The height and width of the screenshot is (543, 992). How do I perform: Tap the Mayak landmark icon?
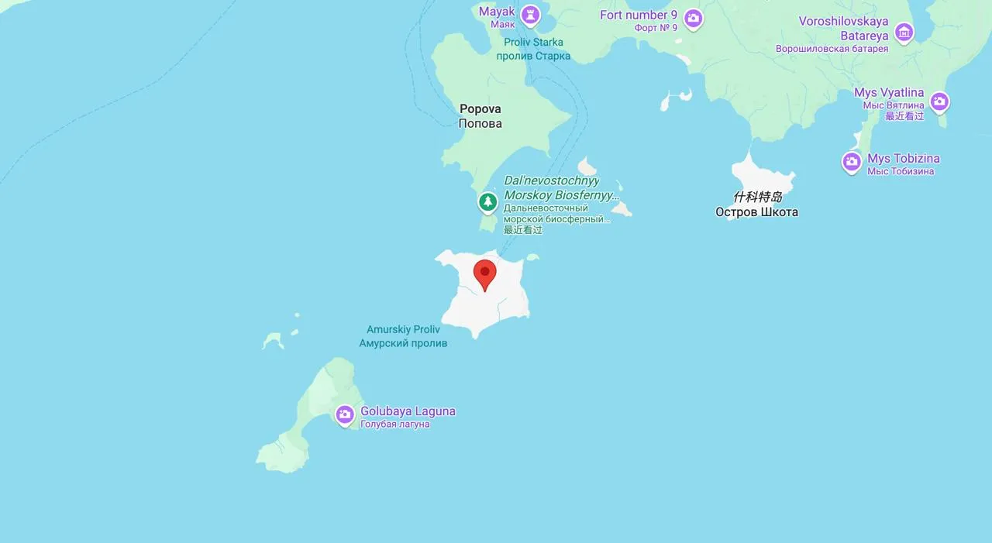pyautogui.click(x=530, y=15)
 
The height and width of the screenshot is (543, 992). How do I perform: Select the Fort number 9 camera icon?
pyautogui.click(x=694, y=18)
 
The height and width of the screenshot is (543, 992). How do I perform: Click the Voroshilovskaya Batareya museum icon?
pyautogui.click(x=904, y=33)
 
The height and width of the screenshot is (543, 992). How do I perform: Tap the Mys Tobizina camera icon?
pyautogui.click(x=852, y=162)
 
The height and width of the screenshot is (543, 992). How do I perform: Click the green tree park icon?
pyautogui.click(x=487, y=202)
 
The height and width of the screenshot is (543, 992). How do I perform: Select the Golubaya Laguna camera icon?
pyautogui.click(x=345, y=414)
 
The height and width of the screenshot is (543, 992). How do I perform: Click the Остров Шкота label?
pyautogui.click(x=756, y=212)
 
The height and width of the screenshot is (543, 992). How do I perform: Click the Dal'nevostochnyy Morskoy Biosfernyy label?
pyautogui.click(x=561, y=187)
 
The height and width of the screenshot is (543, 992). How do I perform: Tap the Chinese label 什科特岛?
pyautogui.click(x=757, y=197)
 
